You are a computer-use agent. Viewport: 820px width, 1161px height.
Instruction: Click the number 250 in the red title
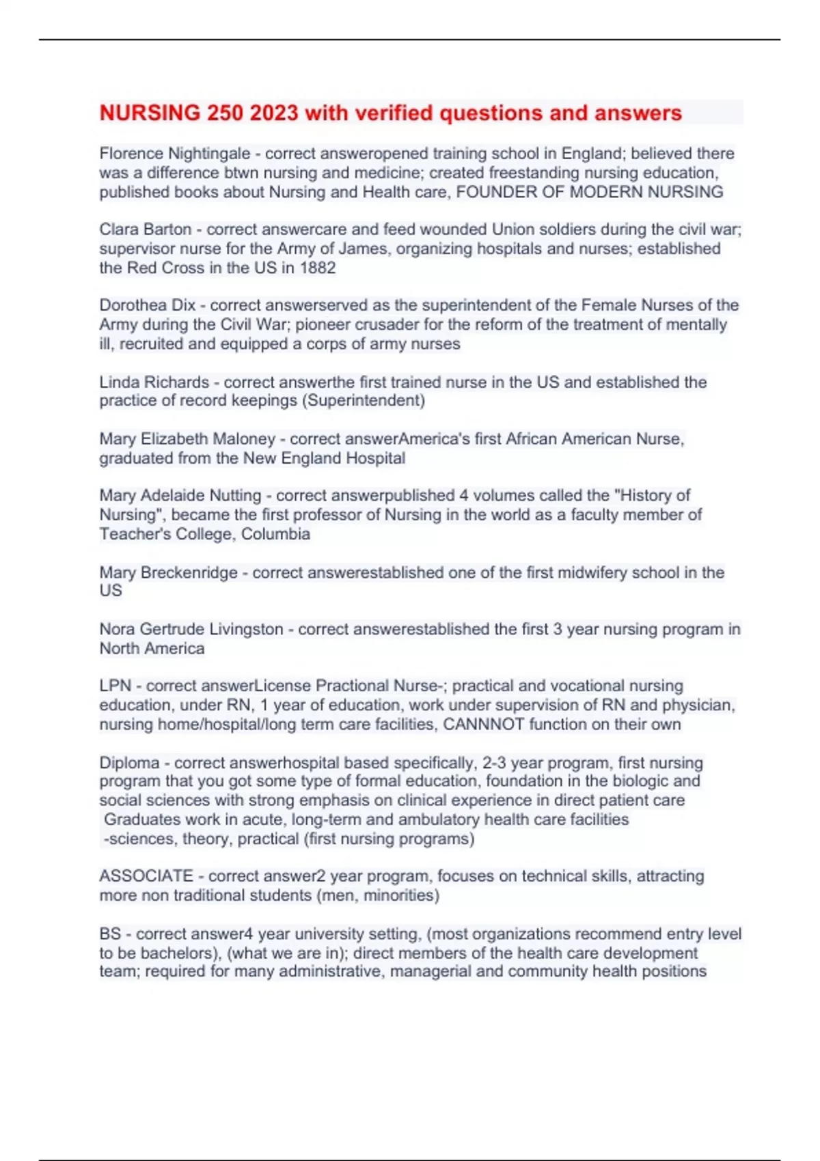(x=225, y=113)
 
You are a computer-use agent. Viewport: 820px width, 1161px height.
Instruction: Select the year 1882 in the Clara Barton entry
(x=317, y=268)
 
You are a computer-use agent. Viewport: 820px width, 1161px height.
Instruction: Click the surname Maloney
(x=244, y=438)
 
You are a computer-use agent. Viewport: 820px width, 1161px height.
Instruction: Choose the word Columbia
(x=275, y=534)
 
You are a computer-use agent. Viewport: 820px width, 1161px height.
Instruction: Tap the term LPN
(x=115, y=686)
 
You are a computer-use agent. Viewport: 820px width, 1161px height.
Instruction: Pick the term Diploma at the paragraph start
(x=129, y=763)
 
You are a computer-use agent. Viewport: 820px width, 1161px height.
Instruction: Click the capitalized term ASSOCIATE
(x=146, y=876)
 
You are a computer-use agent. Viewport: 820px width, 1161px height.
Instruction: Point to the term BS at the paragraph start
(x=110, y=934)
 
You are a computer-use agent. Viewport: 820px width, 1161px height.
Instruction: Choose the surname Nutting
(x=235, y=495)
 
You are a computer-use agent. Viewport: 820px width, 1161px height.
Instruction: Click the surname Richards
(x=182, y=382)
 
